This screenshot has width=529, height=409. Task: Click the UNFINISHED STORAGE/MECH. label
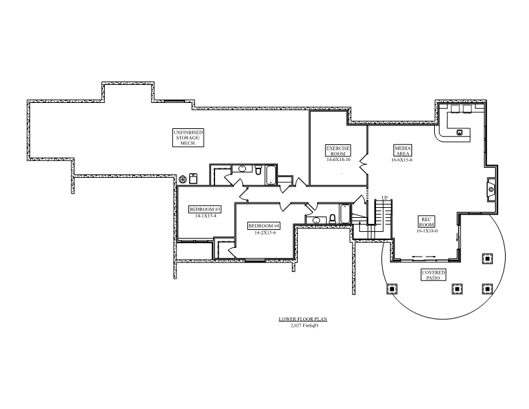click(188, 138)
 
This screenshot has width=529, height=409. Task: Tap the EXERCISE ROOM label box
click(338, 150)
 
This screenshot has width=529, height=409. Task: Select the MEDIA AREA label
click(402, 150)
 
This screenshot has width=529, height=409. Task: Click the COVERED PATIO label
click(433, 275)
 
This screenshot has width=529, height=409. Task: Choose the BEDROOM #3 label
click(205, 209)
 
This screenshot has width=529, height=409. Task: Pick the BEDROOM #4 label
click(264, 226)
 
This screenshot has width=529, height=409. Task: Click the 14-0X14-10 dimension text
click(338, 160)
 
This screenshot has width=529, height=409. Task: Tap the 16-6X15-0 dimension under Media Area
click(403, 160)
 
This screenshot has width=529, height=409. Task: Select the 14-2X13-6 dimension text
click(264, 233)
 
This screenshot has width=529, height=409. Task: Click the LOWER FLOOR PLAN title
click(303, 319)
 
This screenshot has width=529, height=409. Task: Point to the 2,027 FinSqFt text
click(303, 325)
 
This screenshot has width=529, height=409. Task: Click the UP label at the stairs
click(384, 198)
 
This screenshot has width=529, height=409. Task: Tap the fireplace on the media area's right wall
click(491, 189)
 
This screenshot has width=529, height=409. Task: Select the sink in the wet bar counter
click(460, 132)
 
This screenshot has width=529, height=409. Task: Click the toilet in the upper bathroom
click(257, 172)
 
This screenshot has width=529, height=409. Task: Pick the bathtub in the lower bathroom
click(344, 215)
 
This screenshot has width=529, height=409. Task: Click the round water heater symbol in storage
click(184, 178)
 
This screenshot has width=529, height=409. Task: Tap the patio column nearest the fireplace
click(487, 257)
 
